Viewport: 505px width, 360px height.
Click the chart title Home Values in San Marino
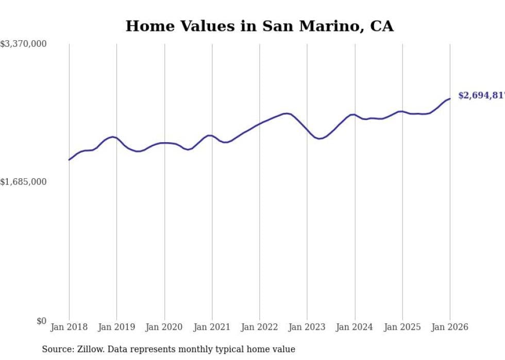[259, 26]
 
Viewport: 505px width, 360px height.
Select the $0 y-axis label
[41, 321]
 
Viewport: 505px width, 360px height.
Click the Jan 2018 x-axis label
[69, 327]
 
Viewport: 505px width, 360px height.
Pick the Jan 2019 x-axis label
[116, 327]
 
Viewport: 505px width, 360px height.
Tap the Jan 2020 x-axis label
[164, 327]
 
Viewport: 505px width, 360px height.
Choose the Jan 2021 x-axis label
[212, 327]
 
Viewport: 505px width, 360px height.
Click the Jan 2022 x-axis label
[260, 327]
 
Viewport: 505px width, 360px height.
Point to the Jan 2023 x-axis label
[307, 327]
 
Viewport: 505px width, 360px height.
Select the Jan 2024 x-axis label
[355, 327]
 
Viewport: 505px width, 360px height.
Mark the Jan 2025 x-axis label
[402, 327]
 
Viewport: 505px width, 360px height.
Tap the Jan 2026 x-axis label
[450, 327]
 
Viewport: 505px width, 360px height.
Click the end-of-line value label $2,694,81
[481, 96]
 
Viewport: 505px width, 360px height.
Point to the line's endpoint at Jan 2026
[450, 98]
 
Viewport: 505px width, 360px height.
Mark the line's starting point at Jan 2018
[69, 160]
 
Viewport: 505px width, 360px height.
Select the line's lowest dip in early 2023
[319, 139]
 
